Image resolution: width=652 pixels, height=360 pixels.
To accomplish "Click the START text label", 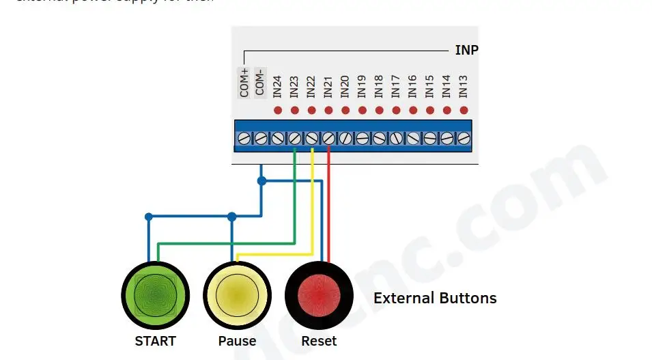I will [x=155, y=341].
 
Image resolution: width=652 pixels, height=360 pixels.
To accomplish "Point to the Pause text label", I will [x=237, y=341].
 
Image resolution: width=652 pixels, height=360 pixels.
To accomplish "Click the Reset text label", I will [x=319, y=341].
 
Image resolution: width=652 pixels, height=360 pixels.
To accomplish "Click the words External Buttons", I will [x=435, y=299].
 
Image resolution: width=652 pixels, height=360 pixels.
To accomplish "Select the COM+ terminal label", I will [x=244, y=82].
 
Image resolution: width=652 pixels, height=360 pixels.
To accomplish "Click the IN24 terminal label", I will [x=277, y=85].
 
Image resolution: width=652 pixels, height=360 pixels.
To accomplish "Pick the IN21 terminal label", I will [x=328, y=85].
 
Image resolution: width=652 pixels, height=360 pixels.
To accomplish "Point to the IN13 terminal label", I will [x=464, y=85].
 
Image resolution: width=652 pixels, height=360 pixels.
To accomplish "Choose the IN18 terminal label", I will [x=379, y=85].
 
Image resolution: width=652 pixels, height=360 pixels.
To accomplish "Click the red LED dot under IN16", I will [x=413, y=110].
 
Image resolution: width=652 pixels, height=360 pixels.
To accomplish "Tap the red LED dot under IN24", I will [x=278, y=110].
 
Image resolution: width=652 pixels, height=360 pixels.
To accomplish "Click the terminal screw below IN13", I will [x=464, y=138].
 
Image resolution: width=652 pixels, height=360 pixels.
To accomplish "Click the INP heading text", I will [x=466, y=51].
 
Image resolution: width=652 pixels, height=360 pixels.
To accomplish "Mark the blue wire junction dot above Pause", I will [x=232, y=217].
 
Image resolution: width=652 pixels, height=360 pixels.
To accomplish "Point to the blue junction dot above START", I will [x=149, y=217].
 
